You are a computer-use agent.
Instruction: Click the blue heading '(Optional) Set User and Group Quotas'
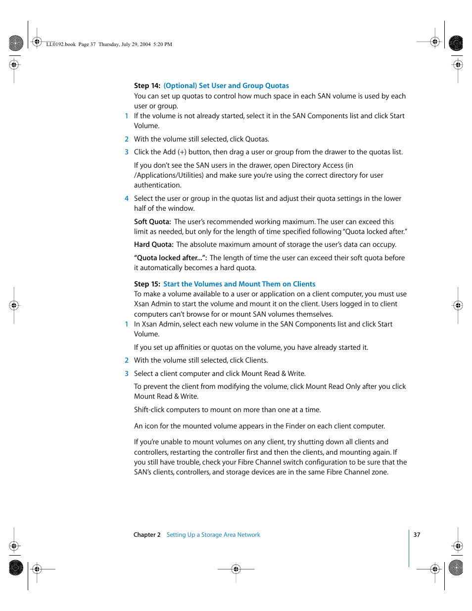pyautogui.click(x=226, y=86)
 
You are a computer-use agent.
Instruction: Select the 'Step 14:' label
pyautogui.click(x=147, y=86)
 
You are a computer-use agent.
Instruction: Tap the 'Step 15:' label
pyautogui.click(x=147, y=284)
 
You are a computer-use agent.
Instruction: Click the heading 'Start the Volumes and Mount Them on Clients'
pyautogui.click(x=239, y=284)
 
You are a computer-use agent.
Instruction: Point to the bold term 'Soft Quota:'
pyautogui.click(x=152, y=222)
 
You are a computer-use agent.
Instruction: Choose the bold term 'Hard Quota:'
pyautogui.click(x=153, y=244)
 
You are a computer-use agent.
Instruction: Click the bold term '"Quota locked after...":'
pyautogui.click(x=170, y=258)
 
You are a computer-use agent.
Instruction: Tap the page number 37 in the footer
pyautogui.click(x=417, y=535)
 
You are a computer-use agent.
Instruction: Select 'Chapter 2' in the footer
pyautogui.click(x=147, y=535)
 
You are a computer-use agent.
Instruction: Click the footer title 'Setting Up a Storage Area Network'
pyautogui.click(x=213, y=535)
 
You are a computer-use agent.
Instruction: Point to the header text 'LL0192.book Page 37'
pyautogui.click(x=71, y=45)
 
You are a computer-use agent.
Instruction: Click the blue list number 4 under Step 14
pyautogui.click(x=127, y=198)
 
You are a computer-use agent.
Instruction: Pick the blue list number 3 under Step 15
pyautogui.click(x=127, y=374)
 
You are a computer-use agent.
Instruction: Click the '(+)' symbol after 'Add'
pyautogui.click(x=182, y=152)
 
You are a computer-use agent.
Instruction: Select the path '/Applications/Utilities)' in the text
pyautogui.click(x=169, y=175)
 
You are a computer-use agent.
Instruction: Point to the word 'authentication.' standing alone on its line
pyautogui.click(x=157, y=185)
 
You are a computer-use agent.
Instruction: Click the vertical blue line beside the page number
pyautogui.click(x=409, y=548)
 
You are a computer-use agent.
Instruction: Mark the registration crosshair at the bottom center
pyautogui.click(x=236, y=569)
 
